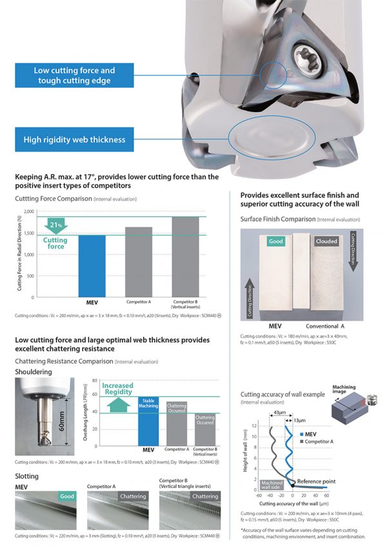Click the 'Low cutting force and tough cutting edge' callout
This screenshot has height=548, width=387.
(x=74, y=75)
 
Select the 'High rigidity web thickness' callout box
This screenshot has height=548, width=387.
(x=74, y=139)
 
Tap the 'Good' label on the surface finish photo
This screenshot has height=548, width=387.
(x=276, y=241)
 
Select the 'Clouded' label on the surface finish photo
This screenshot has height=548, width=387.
(x=326, y=241)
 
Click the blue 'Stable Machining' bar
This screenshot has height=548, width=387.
(x=148, y=421)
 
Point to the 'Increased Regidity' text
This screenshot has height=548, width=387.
(x=118, y=389)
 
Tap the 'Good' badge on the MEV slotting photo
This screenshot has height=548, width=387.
(x=66, y=496)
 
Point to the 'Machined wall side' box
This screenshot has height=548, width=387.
(x=271, y=484)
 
